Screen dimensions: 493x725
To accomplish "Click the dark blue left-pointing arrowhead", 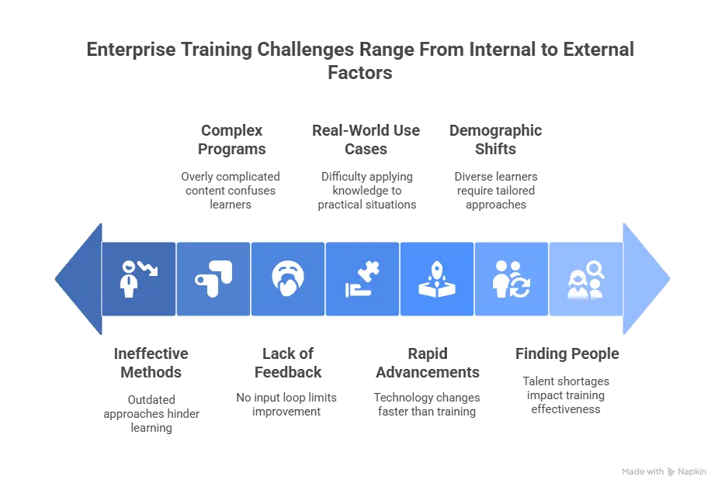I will [x=80, y=279].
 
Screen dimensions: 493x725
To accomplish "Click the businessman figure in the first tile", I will [x=128, y=281].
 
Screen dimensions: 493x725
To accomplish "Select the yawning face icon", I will [x=287, y=279].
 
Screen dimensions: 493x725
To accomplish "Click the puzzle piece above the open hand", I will [x=368, y=272].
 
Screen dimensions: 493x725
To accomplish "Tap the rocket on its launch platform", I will [x=436, y=279].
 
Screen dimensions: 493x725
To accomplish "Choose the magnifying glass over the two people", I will [x=595, y=270].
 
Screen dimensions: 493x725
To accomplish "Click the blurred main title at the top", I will [x=362, y=59].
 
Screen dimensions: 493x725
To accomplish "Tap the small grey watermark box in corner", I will [x=664, y=471].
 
